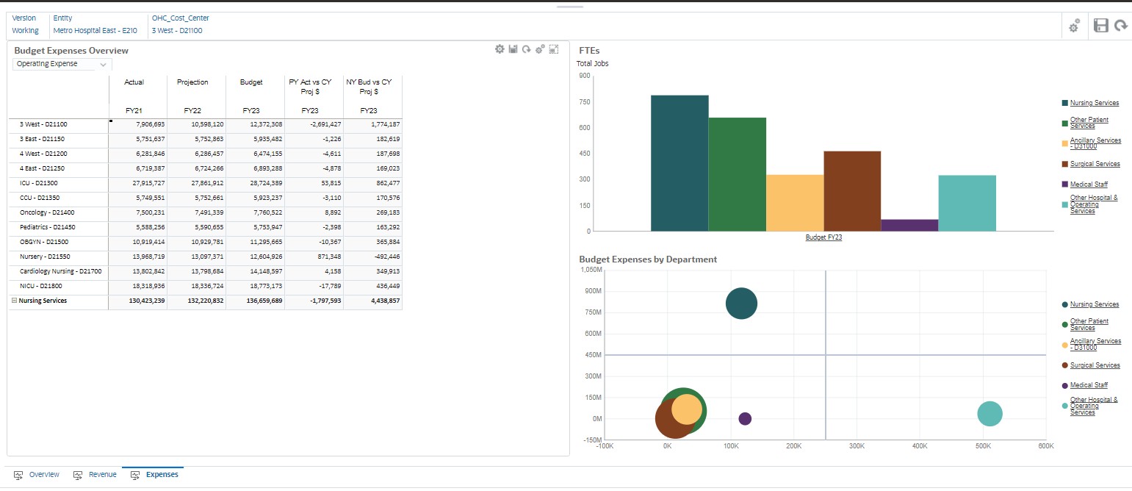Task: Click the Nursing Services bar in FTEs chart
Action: click(679, 163)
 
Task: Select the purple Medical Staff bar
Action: click(909, 225)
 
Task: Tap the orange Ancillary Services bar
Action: click(795, 203)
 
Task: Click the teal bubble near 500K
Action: click(989, 413)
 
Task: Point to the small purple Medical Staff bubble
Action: click(745, 418)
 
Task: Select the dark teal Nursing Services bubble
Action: click(741, 304)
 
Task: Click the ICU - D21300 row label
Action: click(38, 183)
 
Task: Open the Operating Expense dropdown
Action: click(62, 64)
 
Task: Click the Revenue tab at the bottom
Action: click(102, 475)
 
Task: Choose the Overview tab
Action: click(44, 475)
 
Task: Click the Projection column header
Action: click(192, 82)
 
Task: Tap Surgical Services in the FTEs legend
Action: click(1095, 164)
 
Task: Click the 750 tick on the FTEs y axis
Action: click(585, 101)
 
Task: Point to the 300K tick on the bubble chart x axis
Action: click(857, 446)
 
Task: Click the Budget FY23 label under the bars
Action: click(823, 237)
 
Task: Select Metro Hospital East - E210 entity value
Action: click(95, 31)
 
